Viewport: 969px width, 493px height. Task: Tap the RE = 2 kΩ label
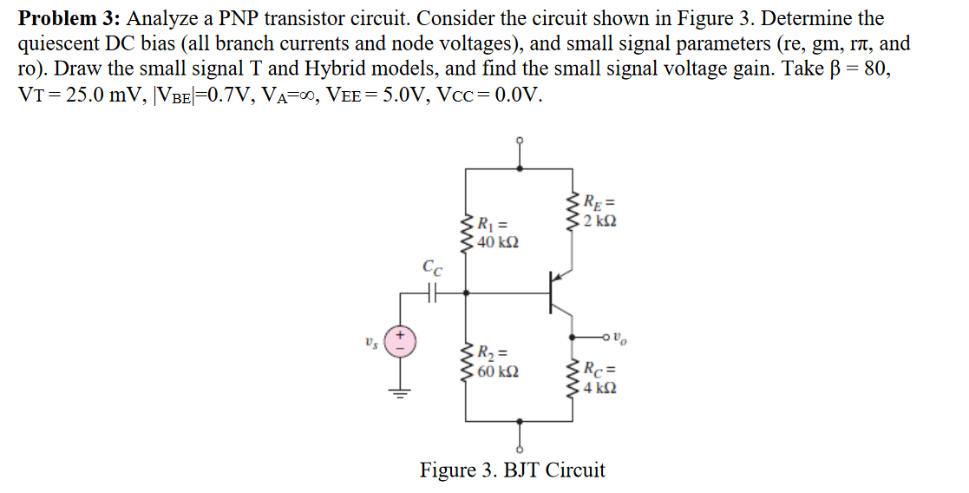coord(599,212)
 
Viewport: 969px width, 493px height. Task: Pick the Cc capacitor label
coord(431,268)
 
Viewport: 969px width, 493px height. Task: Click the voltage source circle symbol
coord(401,339)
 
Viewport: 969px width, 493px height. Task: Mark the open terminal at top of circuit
coord(520,141)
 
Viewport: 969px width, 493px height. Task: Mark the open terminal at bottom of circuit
coord(520,449)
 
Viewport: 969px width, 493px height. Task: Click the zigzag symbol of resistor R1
coord(468,232)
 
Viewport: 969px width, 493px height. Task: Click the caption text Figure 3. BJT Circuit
coord(513,470)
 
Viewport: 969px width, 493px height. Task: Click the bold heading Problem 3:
coord(69,18)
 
